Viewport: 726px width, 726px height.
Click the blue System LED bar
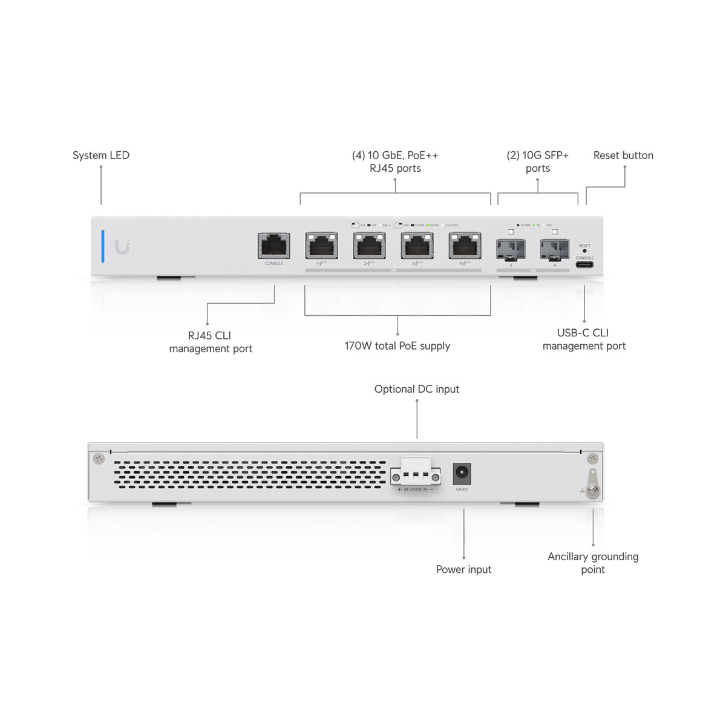click(x=103, y=246)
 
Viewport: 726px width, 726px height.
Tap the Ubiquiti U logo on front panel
click(x=122, y=247)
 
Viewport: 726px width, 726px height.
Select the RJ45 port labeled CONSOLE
click(x=274, y=246)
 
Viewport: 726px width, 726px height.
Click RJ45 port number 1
click(x=321, y=246)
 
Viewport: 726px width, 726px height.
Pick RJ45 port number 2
click(x=369, y=246)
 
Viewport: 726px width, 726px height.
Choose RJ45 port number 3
click(x=417, y=246)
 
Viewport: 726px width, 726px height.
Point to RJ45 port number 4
click(x=465, y=246)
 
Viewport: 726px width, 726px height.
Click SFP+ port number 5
click(x=511, y=249)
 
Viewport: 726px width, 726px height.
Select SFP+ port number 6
click(x=555, y=249)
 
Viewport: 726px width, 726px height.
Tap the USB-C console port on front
click(x=584, y=264)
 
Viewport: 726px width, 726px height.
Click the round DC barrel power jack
click(x=462, y=473)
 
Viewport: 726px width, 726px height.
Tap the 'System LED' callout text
click(x=101, y=155)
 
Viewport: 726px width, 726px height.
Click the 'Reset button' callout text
click(x=623, y=155)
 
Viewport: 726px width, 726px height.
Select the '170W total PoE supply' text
click(x=397, y=346)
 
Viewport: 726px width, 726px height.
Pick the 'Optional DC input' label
click(x=417, y=389)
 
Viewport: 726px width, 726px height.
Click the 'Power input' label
click(x=463, y=569)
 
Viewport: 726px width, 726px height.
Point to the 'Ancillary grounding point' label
click(x=593, y=563)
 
